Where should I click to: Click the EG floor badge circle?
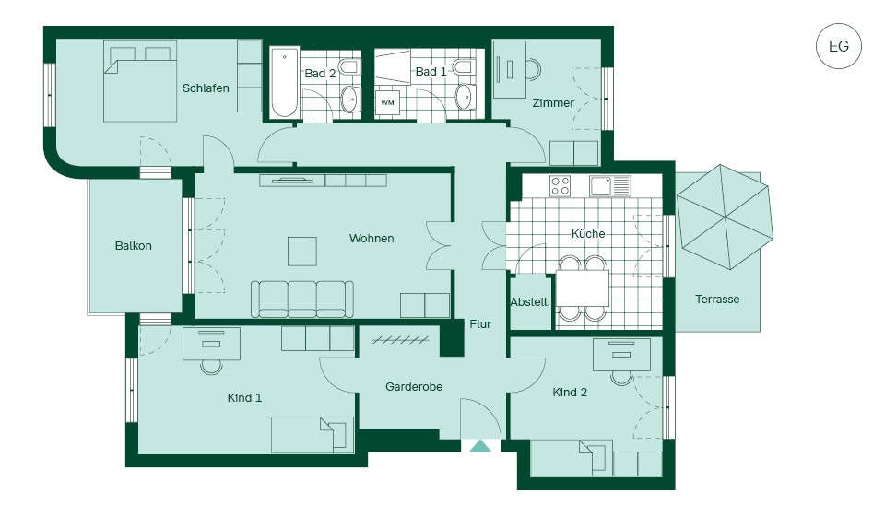click(839, 46)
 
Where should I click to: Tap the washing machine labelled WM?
click(387, 102)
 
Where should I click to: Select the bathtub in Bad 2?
click(285, 83)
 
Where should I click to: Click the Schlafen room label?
click(206, 88)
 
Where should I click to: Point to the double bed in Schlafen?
click(140, 81)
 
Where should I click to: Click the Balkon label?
click(133, 245)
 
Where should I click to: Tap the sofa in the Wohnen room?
click(302, 300)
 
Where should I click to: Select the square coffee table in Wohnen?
click(302, 252)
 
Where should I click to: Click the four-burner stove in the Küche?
click(560, 185)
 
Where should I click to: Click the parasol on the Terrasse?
click(726, 217)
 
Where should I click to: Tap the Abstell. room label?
click(530, 302)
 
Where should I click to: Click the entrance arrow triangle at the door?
click(480, 446)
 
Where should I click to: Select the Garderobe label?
click(414, 387)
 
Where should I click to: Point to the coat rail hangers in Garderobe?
click(400, 340)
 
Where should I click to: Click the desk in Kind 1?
click(212, 344)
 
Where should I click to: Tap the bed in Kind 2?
click(572, 457)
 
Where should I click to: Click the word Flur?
click(480, 324)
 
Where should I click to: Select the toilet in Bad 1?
click(463, 67)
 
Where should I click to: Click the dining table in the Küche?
click(583, 288)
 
